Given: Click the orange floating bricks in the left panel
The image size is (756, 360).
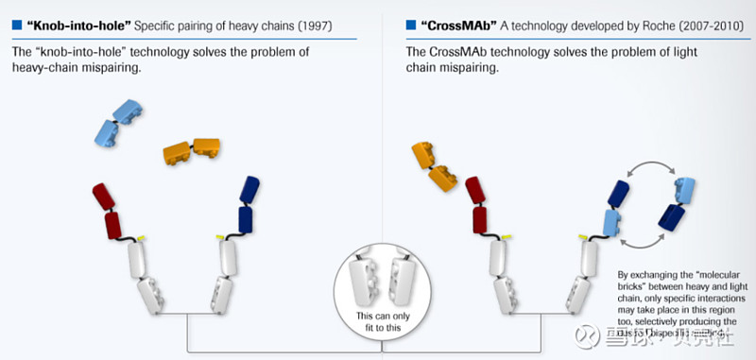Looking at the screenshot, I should [x=191, y=148].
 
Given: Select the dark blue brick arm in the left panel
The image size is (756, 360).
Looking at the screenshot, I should [x=247, y=204].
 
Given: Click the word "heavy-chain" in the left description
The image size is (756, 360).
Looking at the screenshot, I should [x=49, y=67].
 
